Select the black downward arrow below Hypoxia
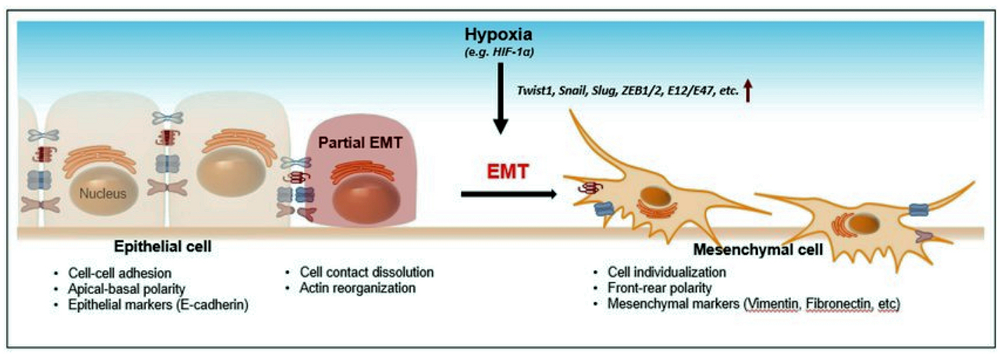click(499, 99)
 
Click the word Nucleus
click(102, 193)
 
